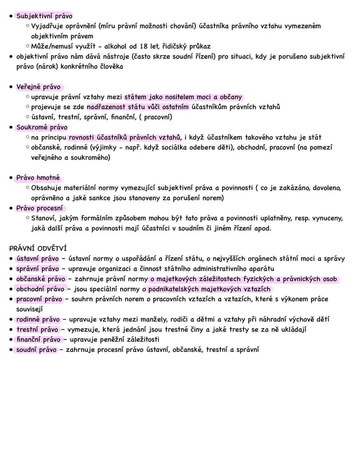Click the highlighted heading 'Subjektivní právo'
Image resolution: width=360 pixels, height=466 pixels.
[44, 16]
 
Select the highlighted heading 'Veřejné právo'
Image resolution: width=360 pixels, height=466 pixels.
[38, 87]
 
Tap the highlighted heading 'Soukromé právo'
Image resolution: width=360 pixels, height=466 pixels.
[42, 127]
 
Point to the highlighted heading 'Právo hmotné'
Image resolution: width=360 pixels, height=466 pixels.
[38, 178]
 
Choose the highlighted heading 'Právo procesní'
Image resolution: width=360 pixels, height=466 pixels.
[39, 208]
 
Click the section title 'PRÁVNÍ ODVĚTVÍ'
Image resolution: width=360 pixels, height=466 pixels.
[38, 249]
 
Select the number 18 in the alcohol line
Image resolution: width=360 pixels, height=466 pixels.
[143, 46]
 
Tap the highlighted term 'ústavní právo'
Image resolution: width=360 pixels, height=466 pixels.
[38, 259]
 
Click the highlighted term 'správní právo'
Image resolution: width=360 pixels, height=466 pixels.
[38, 269]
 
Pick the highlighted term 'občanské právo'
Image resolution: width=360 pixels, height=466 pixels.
[41, 279]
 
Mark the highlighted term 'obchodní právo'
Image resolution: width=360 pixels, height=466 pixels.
[40, 289]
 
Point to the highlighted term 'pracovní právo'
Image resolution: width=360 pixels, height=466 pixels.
[39, 299]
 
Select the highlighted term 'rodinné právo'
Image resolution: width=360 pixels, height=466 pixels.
[38, 320]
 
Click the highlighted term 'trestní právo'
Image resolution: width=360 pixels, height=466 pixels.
[37, 330]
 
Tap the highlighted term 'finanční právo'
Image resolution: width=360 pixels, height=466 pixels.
[39, 340]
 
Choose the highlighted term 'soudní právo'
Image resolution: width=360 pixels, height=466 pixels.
[36, 350]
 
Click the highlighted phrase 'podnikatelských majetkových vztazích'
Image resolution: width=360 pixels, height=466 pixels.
[209, 289]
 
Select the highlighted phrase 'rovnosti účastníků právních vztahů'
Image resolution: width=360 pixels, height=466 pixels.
[124, 137]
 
